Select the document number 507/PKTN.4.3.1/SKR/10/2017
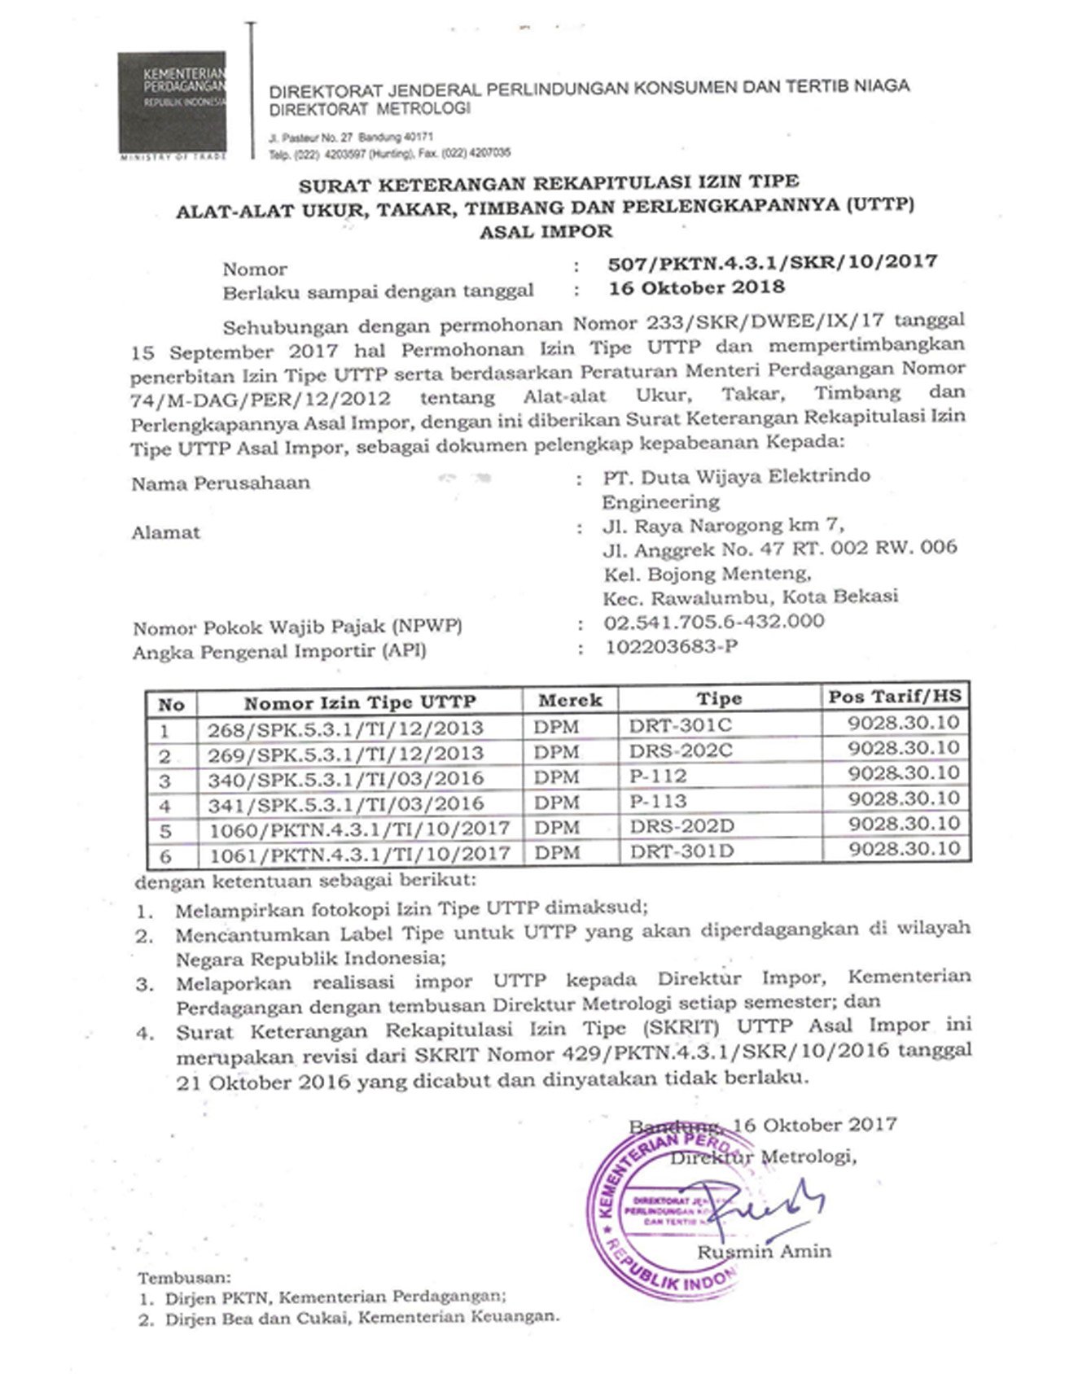click(x=773, y=262)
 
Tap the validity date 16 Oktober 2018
click(x=697, y=287)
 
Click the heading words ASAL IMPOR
click(x=546, y=231)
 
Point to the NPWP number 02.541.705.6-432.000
click(x=713, y=622)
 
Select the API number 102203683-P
click(x=672, y=647)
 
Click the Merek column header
click(x=570, y=700)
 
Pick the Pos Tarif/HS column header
click(x=895, y=697)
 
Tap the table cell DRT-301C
click(x=681, y=725)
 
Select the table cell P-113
click(x=658, y=801)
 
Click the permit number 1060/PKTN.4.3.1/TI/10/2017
click(x=359, y=829)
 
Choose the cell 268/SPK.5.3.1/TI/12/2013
click(x=344, y=728)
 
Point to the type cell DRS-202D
click(x=682, y=826)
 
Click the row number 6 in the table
click(x=166, y=856)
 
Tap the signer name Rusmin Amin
click(x=764, y=1252)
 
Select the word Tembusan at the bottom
click(x=184, y=1279)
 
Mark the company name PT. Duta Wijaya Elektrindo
click(x=736, y=476)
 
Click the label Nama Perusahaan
click(x=221, y=483)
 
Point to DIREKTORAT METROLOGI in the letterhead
click(x=370, y=109)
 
